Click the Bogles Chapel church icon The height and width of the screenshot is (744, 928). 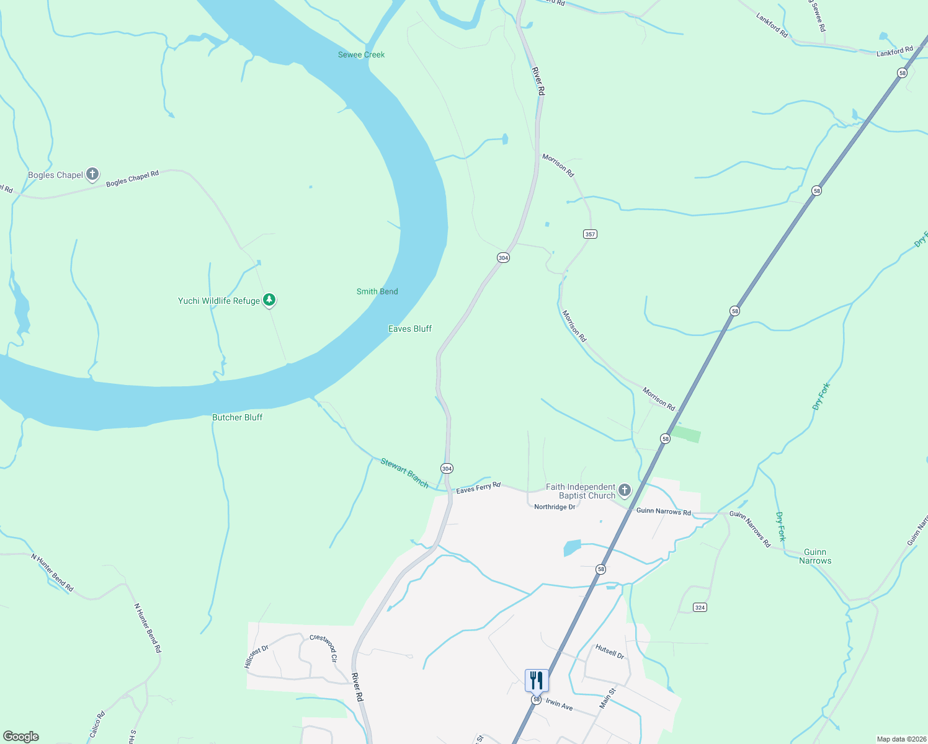(x=92, y=174)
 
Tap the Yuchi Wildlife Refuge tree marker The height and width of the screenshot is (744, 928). (x=269, y=300)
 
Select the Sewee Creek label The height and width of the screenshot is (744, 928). (x=361, y=55)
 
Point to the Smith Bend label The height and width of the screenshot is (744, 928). (x=377, y=291)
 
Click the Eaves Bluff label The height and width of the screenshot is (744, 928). (x=409, y=329)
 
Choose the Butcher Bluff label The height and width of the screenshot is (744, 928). (x=237, y=417)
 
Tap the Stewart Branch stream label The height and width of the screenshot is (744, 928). (x=404, y=472)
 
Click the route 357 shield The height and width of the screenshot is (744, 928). (x=590, y=234)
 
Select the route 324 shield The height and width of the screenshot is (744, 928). (x=700, y=607)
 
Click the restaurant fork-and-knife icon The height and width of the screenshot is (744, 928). (x=537, y=680)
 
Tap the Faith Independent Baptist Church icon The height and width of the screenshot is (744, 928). (x=625, y=490)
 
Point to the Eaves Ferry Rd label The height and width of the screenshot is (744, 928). (x=478, y=488)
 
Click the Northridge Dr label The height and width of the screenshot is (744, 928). (x=555, y=507)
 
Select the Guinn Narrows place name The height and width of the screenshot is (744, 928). (x=814, y=556)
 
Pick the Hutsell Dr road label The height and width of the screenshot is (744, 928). (x=610, y=651)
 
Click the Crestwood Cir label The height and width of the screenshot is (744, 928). (x=323, y=648)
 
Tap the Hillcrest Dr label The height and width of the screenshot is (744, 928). (x=256, y=656)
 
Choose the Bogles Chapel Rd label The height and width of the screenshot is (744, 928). (x=132, y=179)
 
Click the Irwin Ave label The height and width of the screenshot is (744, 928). (x=559, y=705)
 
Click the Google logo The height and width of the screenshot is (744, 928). (x=20, y=737)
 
